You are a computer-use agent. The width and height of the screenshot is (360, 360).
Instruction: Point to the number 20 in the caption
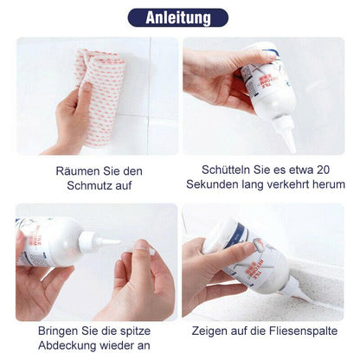click(x=335, y=170)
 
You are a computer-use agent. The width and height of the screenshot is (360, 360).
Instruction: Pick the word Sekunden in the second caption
click(x=213, y=184)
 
